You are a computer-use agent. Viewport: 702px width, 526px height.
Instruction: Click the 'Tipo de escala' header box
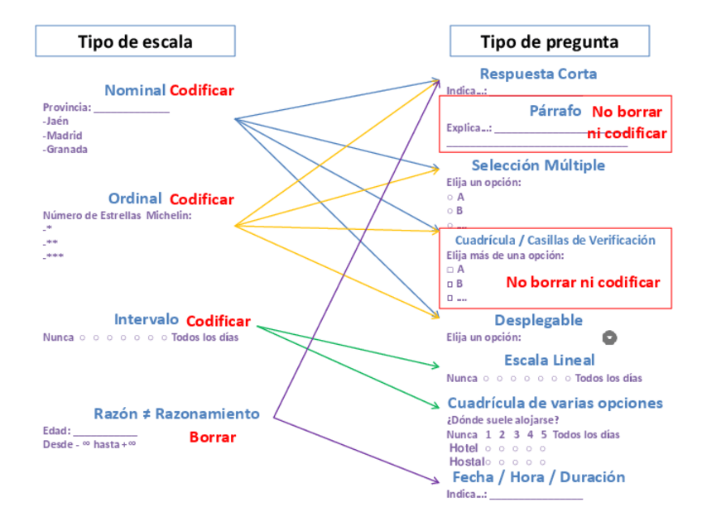(x=135, y=41)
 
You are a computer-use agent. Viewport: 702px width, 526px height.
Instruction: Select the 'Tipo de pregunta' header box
(x=549, y=41)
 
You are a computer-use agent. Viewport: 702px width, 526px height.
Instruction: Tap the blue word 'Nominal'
(x=135, y=90)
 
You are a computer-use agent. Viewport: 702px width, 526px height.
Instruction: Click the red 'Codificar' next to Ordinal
(x=202, y=199)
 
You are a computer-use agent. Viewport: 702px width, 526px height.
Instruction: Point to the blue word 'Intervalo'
(x=147, y=319)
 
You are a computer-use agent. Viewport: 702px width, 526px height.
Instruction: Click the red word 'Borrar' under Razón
(x=213, y=437)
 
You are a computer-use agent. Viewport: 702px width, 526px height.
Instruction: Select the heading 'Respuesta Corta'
(x=538, y=74)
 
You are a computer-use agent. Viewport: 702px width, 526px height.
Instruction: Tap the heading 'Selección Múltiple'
(x=538, y=165)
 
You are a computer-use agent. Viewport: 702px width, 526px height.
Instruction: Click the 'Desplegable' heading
(x=538, y=320)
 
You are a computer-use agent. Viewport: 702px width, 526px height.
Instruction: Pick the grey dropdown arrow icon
(x=610, y=337)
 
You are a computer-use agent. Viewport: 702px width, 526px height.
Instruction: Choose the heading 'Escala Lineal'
(x=549, y=361)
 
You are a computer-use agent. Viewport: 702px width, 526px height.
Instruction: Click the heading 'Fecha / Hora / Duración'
(x=538, y=477)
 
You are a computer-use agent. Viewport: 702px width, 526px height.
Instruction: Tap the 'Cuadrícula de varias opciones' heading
(x=555, y=403)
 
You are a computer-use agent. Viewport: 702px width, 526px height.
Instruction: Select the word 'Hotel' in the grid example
(x=463, y=447)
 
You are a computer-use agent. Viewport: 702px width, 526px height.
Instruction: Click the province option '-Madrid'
(x=63, y=135)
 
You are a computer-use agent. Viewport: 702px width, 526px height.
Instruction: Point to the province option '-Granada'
(x=65, y=149)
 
